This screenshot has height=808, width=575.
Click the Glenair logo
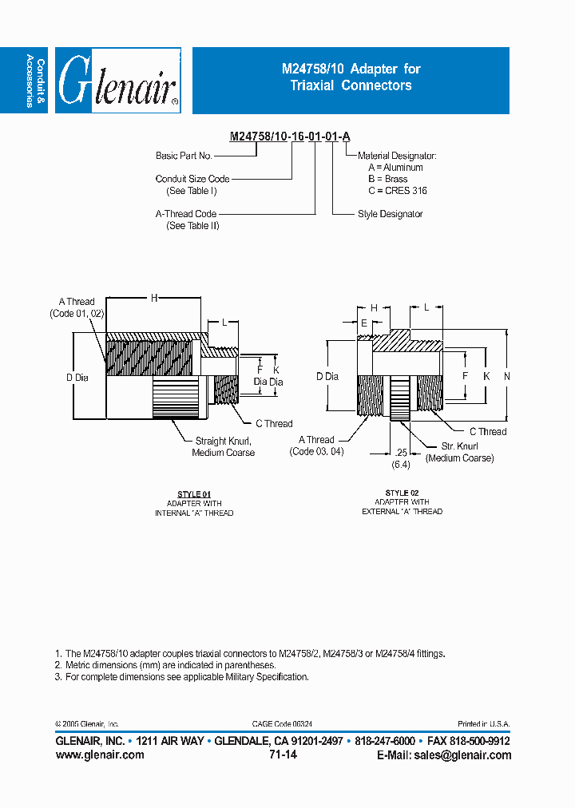[x=120, y=81]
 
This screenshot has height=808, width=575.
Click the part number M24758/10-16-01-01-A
[x=290, y=137]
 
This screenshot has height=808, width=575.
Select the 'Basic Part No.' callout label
[x=184, y=156]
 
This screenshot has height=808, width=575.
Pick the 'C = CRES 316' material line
[x=398, y=191]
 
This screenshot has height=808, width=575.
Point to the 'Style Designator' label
[x=391, y=214]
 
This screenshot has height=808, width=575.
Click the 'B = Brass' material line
[x=388, y=179]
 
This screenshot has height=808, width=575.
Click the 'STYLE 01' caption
[x=194, y=494]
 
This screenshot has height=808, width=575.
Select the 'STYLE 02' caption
[x=402, y=493]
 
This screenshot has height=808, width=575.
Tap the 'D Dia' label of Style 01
[x=77, y=377]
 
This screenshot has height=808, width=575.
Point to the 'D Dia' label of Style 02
[x=327, y=376]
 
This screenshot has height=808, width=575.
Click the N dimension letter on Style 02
[x=506, y=376]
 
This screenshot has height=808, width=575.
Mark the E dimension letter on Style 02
[x=364, y=323]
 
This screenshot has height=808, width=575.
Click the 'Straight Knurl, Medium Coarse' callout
[x=224, y=446]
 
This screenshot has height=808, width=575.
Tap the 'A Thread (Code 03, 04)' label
[x=317, y=446]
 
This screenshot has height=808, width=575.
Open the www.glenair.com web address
[x=100, y=755]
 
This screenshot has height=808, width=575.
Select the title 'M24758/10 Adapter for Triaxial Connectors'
[x=351, y=77]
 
